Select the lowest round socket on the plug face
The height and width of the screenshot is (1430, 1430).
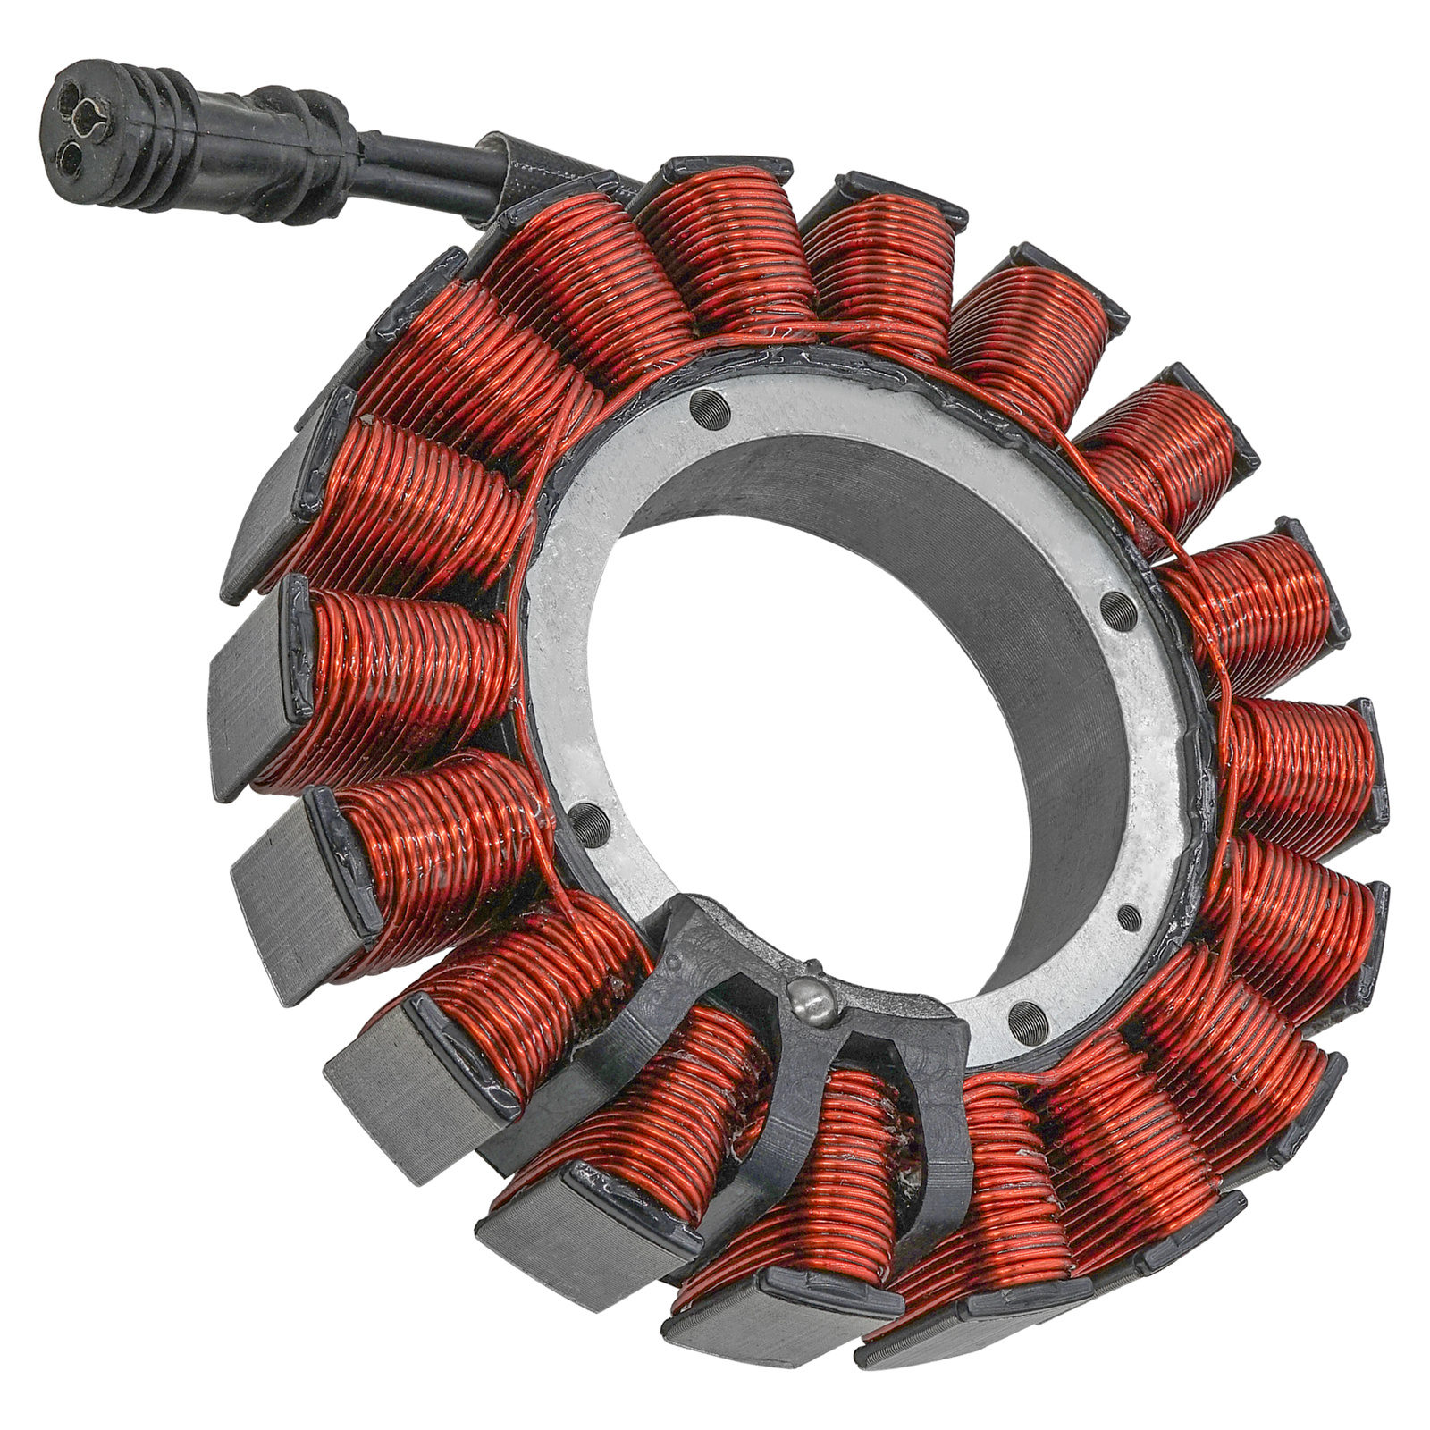coord(70,158)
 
